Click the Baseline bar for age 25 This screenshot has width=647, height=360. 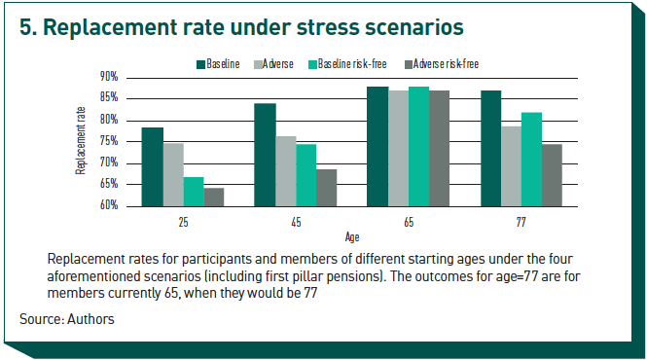coord(152,166)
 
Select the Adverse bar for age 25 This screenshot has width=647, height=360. coord(172,174)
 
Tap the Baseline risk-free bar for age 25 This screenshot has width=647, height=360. coord(193,192)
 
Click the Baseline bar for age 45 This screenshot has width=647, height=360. coord(265,155)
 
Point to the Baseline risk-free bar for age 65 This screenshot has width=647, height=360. coord(418,146)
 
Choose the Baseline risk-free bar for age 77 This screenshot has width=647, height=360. coord(531,159)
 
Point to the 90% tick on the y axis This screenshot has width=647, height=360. coord(109,77)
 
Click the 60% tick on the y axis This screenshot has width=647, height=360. coord(109,206)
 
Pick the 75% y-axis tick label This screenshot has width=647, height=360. coord(109,141)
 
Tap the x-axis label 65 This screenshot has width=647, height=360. coord(409,223)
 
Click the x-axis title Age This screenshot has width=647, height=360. coord(352,236)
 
